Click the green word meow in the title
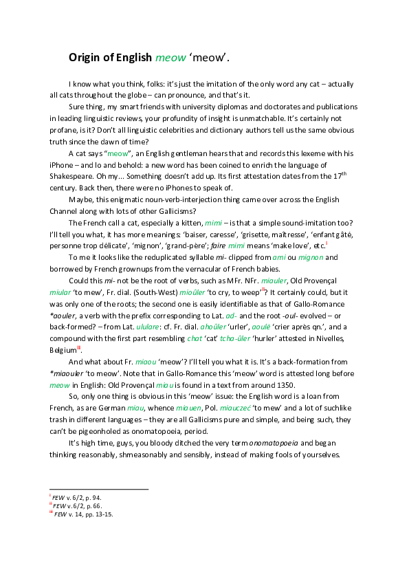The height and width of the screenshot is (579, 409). pyautogui.click(x=170, y=58)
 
